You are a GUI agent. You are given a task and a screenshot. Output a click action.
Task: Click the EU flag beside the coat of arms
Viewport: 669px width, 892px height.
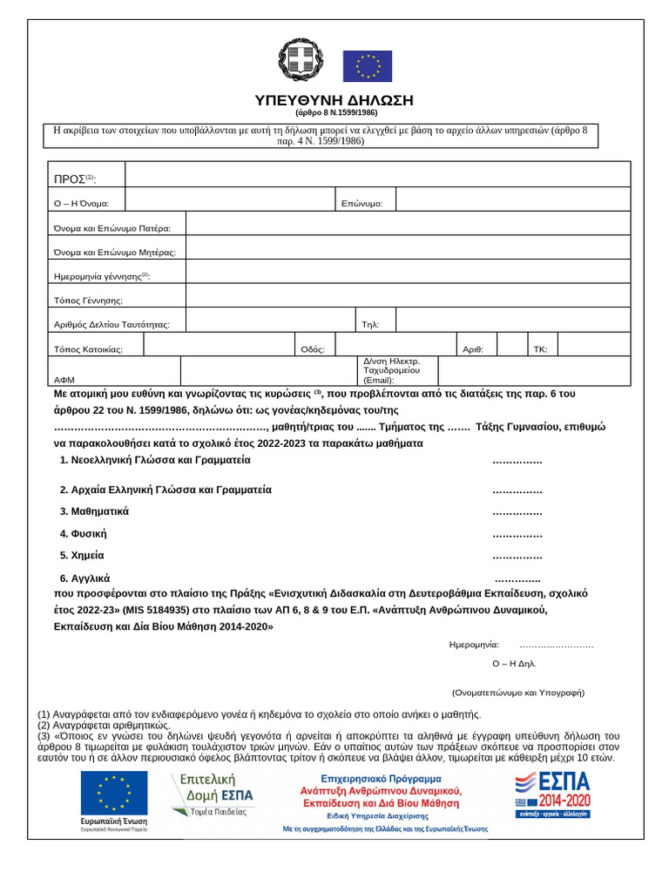(367, 66)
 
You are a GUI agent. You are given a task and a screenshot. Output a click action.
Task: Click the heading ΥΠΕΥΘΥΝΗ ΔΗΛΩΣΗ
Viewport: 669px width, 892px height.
(334, 99)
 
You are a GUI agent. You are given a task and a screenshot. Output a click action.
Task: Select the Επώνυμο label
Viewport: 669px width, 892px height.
(362, 204)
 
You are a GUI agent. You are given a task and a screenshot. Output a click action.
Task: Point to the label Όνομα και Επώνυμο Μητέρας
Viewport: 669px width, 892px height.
(115, 252)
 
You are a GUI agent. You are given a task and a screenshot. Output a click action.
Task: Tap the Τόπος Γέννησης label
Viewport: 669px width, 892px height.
(88, 301)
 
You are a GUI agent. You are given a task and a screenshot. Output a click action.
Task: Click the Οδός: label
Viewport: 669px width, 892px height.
(313, 349)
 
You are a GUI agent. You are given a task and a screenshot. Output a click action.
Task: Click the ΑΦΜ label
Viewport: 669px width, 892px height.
(64, 380)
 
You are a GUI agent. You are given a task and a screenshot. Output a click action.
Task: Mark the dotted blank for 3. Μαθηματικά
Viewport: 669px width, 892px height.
(517, 511)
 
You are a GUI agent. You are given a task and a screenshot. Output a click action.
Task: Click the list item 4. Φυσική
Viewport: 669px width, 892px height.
(84, 533)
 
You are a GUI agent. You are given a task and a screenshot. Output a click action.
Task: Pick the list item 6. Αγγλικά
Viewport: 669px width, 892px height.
(84, 578)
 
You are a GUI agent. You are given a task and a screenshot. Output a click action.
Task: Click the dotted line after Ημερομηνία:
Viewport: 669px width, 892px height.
(556, 645)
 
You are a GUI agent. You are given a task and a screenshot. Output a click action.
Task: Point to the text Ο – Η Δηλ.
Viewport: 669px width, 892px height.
(514, 663)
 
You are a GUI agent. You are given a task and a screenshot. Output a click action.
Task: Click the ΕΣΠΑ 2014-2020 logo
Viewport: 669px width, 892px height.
(552, 794)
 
